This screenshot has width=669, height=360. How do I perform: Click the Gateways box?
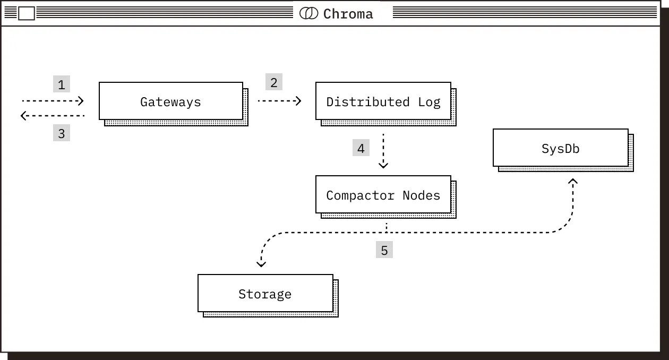click(171, 101)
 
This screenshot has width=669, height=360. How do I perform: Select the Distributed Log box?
click(383, 101)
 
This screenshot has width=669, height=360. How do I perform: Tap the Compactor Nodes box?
click(383, 195)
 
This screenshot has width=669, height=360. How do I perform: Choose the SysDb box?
click(560, 148)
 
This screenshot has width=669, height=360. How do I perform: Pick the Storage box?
click(265, 293)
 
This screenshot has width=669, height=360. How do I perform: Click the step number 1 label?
click(62, 84)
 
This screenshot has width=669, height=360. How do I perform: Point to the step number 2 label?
click(274, 82)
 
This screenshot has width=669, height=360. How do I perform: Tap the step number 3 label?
click(62, 133)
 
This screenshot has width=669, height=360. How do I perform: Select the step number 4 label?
click(361, 148)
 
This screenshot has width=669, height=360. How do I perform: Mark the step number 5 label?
click(384, 250)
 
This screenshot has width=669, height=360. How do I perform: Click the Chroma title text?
click(348, 14)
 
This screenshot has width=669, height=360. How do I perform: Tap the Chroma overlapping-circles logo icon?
click(308, 13)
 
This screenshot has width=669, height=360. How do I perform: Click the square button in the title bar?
click(27, 13)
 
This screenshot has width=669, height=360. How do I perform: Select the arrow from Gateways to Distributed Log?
click(279, 100)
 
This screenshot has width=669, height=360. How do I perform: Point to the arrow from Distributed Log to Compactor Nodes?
click(383, 151)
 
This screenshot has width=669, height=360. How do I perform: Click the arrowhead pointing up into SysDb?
click(572, 182)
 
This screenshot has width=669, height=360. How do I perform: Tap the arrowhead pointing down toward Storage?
click(261, 262)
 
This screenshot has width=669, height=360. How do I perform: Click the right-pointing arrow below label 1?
click(53, 100)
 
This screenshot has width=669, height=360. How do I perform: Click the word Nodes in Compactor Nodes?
click(421, 195)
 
